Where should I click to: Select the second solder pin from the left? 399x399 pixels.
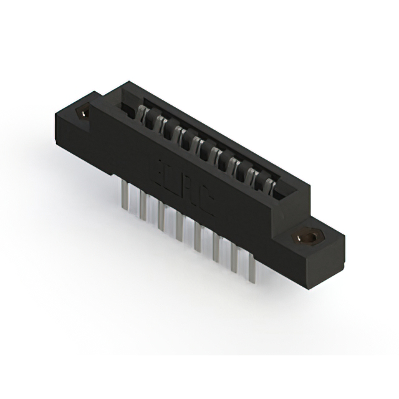pyautogui.click(x=143, y=206)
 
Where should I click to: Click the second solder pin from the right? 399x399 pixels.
pyautogui.click(x=234, y=258)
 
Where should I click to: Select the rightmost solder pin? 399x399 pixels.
pyautogui.click(x=252, y=269)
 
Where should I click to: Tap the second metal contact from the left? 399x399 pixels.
pyautogui.click(x=160, y=123)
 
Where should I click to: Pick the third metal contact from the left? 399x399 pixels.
pyautogui.click(x=178, y=133)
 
